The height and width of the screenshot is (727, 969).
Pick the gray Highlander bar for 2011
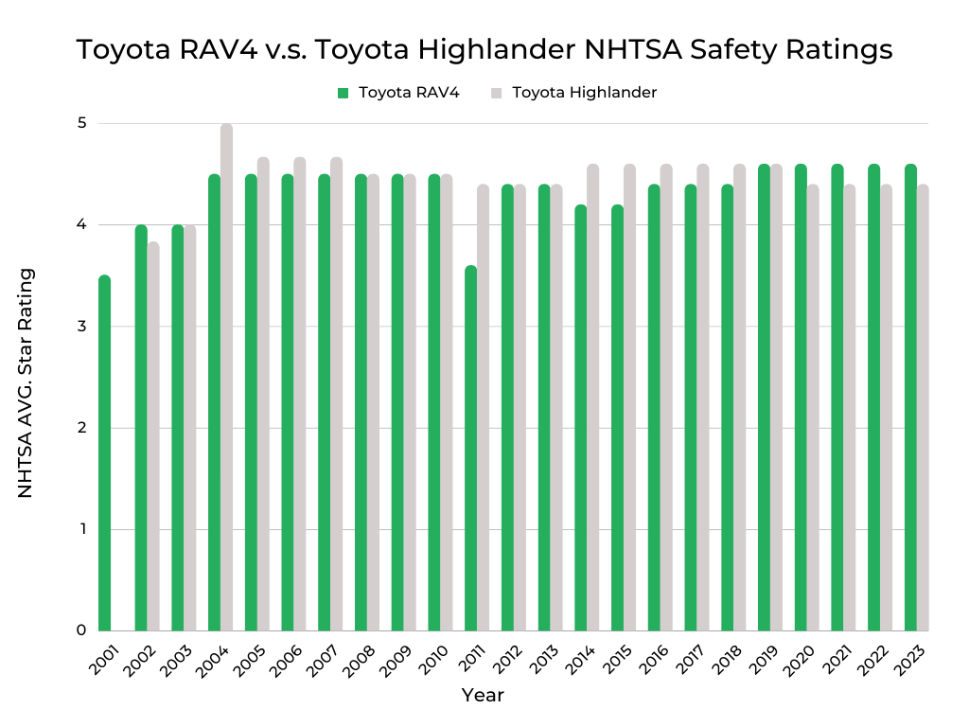click(483, 407)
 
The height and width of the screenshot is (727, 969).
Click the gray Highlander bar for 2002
click(153, 435)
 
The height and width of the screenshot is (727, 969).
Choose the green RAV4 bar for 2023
click(910, 398)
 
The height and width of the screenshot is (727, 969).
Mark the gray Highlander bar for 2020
click(813, 407)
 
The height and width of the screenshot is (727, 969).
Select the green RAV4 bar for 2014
click(580, 417)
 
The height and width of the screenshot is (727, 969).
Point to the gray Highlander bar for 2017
click(703, 398)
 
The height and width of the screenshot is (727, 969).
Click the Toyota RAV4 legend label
click(409, 93)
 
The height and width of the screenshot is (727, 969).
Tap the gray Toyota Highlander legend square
click(496, 93)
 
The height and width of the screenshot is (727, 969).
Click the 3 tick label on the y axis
click(81, 327)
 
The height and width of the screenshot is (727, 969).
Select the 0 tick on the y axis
click(81, 630)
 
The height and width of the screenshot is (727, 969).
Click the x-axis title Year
click(483, 696)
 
